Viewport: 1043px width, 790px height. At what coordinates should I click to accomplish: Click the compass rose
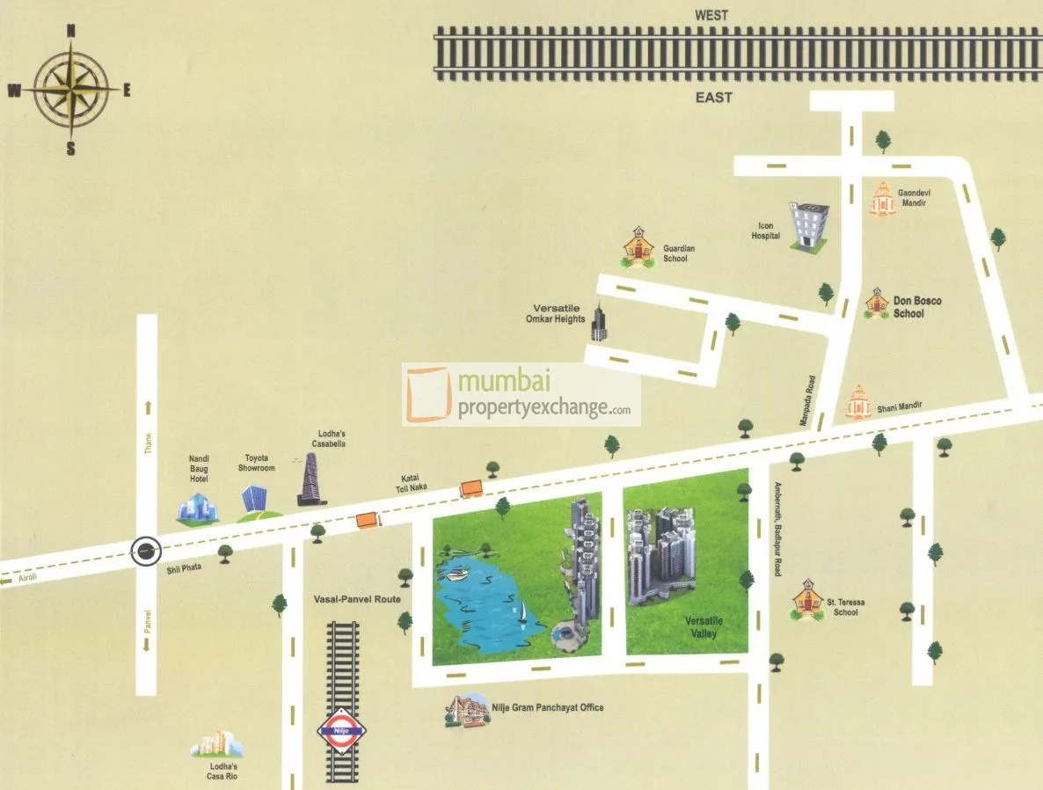point(71,90)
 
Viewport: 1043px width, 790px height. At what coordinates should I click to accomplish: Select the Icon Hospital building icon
point(807,226)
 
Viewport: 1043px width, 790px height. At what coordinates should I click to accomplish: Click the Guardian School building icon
point(638,248)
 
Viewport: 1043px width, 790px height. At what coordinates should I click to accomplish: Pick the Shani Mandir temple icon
point(858,403)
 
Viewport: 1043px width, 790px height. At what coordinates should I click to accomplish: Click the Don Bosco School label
point(917,307)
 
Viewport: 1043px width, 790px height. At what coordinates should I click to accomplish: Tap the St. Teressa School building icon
point(806,601)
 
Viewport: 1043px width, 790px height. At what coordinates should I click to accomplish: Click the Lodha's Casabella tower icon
point(310,479)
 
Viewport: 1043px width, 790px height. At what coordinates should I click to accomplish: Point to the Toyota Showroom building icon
point(253,496)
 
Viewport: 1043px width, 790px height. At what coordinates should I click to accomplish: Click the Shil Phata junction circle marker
point(146,552)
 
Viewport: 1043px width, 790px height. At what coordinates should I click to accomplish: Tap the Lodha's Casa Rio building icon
point(216,745)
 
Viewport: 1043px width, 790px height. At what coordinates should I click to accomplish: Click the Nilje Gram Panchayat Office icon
point(466,711)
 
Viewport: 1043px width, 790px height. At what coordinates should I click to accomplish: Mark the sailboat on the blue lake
point(522,611)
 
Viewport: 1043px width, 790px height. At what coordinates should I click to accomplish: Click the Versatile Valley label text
point(703,627)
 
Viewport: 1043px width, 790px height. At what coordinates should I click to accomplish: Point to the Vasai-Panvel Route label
point(357,599)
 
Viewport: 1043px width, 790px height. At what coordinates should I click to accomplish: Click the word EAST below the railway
point(713,98)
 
